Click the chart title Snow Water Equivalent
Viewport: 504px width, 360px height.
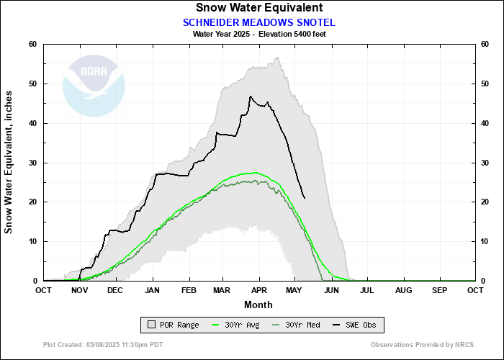click(258, 8)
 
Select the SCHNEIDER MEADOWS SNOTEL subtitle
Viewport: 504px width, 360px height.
click(258, 22)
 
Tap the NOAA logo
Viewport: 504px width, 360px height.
click(94, 85)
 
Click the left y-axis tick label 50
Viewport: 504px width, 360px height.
click(32, 84)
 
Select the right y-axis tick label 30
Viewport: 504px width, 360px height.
click(485, 163)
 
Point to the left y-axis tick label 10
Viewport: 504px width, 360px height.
click(32, 241)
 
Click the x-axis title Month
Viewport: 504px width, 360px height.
click(258, 304)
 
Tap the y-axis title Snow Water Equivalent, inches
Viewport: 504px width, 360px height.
click(9, 163)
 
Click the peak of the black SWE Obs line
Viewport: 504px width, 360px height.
click(251, 96)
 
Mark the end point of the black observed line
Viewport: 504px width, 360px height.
click(305, 198)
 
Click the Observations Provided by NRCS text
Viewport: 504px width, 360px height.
click(415, 345)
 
